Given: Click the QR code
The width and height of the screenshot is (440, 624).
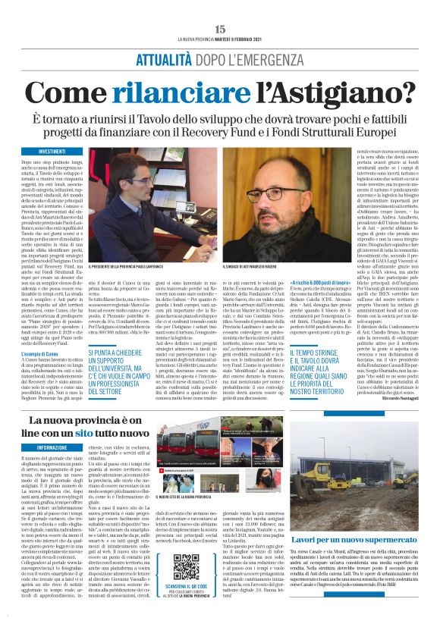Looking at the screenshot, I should pyautogui.click(x=185, y=568).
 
